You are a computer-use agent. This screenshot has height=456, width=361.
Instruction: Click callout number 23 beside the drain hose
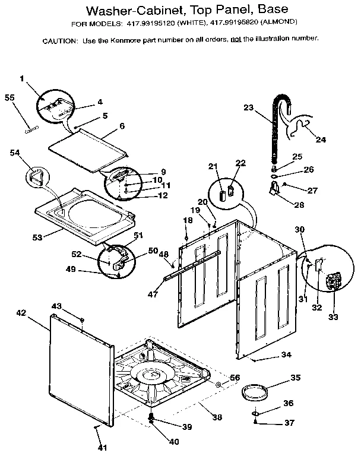click(248, 107)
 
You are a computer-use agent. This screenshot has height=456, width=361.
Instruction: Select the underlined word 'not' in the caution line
click(236, 39)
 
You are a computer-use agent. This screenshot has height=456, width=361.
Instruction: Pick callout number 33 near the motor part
click(332, 317)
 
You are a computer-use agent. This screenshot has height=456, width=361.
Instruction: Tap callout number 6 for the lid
click(122, 126)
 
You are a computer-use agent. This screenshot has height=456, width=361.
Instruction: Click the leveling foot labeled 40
click(152, 422)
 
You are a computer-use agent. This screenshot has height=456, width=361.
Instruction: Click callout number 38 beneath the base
click(217, 417)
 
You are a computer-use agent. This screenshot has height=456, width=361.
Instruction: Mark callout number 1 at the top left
click(22, 78)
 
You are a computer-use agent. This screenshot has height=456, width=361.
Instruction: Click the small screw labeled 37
click(255, 422)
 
